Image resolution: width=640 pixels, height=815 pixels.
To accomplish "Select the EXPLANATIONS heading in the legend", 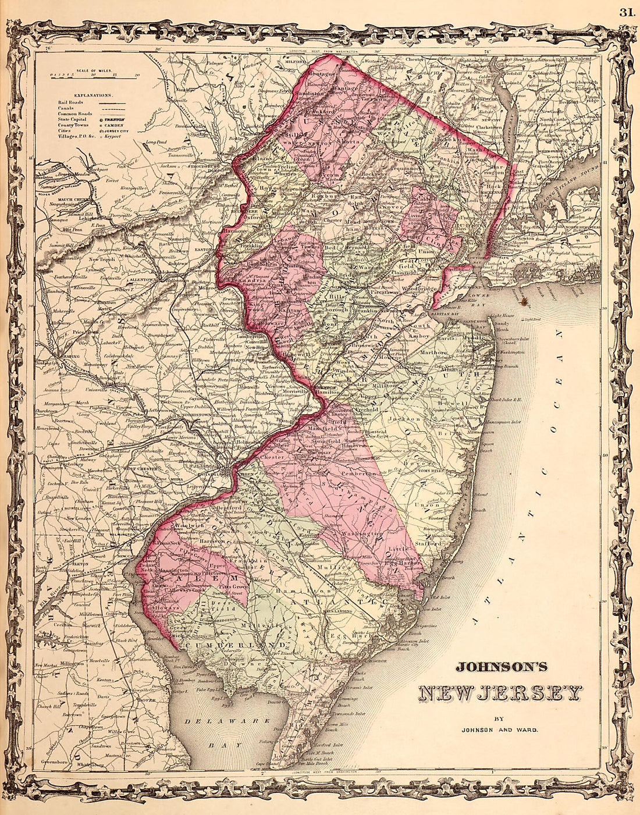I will (x=93, y=94).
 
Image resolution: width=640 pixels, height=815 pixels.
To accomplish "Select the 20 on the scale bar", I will (x=137, y=74).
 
